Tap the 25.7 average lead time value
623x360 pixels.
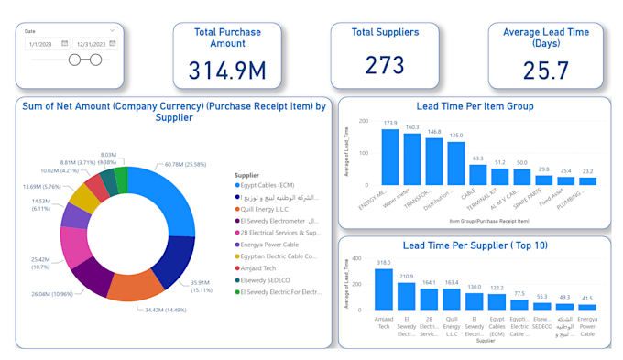[546, 70]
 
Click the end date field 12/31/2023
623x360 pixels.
[93, 43]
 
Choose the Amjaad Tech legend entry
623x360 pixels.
[265, 268]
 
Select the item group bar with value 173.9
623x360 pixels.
[390, 157]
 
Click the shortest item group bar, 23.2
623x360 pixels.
[586, 181]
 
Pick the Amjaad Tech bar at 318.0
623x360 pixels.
[384, 289]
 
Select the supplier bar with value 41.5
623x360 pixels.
[586, 307]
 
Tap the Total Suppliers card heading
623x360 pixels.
[385, 32]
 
